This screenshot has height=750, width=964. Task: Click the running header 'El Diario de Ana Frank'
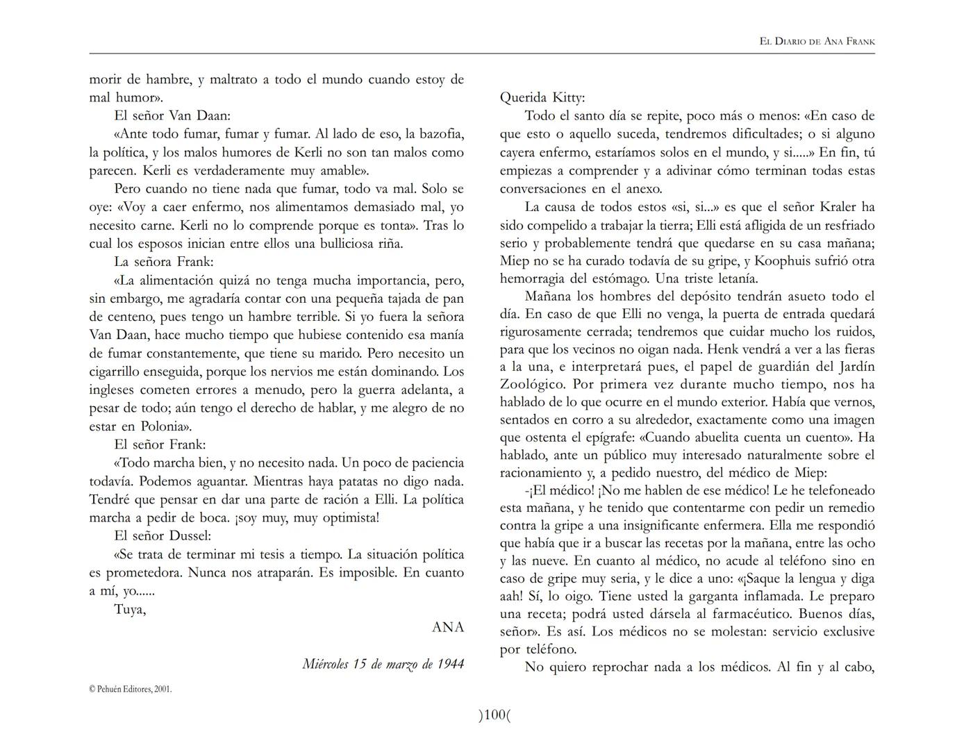[x=817, y=42]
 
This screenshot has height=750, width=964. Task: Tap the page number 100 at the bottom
[x=494, y=715]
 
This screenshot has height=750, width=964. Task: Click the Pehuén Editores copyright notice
[x=131, y=689]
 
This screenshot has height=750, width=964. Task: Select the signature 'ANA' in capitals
[x=447, y=627]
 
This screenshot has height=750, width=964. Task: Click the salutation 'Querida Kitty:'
[x=542, y=97]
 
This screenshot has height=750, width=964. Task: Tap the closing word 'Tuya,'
[x=130, y=610]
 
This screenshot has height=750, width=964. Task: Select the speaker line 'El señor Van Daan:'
[x=172, y=115]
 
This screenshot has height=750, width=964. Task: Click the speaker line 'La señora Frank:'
[x=164, y=262]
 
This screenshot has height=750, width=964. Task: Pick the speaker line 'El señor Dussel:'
[x=163, y=535]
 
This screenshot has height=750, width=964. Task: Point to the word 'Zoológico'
[x=532, y=384]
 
